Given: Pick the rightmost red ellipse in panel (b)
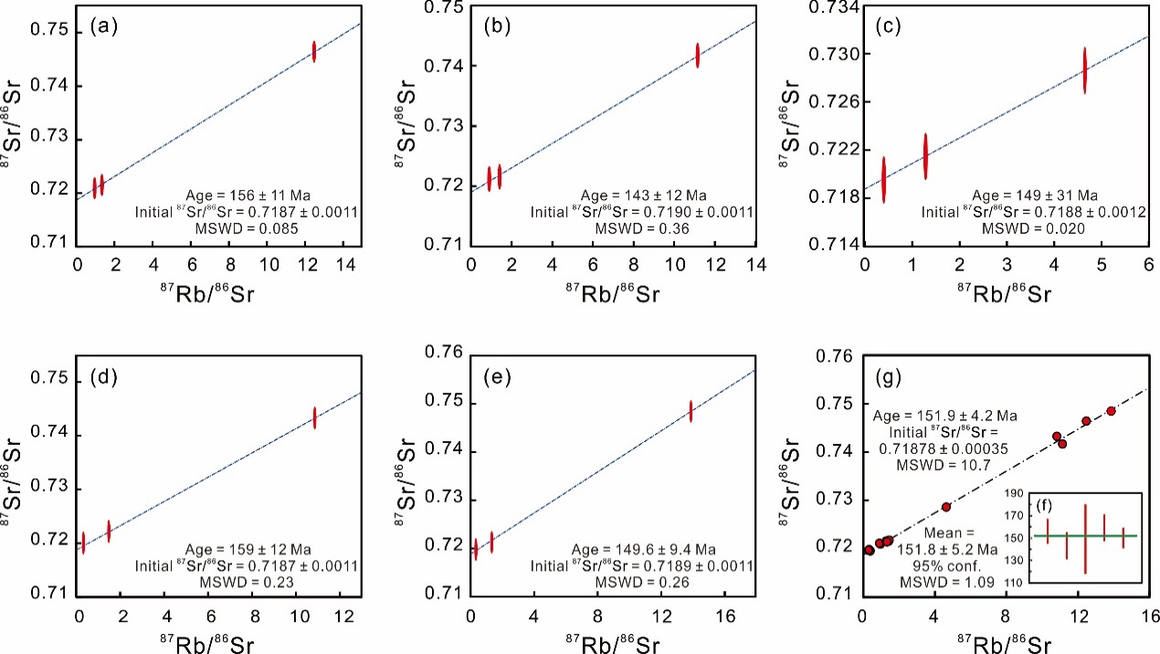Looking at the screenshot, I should (x=697, y=55).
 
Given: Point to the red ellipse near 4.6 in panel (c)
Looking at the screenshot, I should (x=1085, y=70).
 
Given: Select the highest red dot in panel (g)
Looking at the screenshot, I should (x=1111, y=411).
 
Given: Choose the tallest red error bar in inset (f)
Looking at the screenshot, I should (x=1085, y=539).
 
